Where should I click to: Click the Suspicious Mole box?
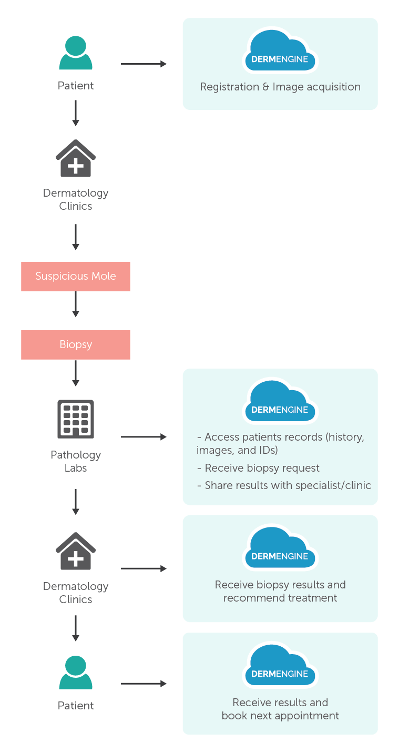pos(76,277)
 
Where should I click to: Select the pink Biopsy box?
pos(76,345)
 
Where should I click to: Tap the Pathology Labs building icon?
pos(76,419)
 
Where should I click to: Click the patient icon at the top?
pos(76,53)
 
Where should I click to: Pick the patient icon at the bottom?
pos(76,673)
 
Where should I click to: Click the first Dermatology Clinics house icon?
pos(76,158)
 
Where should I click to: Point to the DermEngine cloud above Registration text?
pos(280,52)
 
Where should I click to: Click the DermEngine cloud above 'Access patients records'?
pos(280,403)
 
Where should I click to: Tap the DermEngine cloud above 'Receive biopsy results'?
pos(280,550)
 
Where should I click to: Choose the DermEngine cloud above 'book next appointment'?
pos(280,667)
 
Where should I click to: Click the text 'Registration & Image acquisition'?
pos(280,87)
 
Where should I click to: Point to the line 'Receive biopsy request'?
pos(258,469)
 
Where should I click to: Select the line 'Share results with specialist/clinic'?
pos(284,485)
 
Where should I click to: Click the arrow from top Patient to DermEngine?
pos(144,64)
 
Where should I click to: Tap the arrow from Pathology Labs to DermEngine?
pos(144,436)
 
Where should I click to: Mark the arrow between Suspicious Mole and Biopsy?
pos(76,304)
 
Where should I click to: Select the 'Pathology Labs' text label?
pos(76,461)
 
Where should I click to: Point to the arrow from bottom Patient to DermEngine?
pos(144,684)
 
